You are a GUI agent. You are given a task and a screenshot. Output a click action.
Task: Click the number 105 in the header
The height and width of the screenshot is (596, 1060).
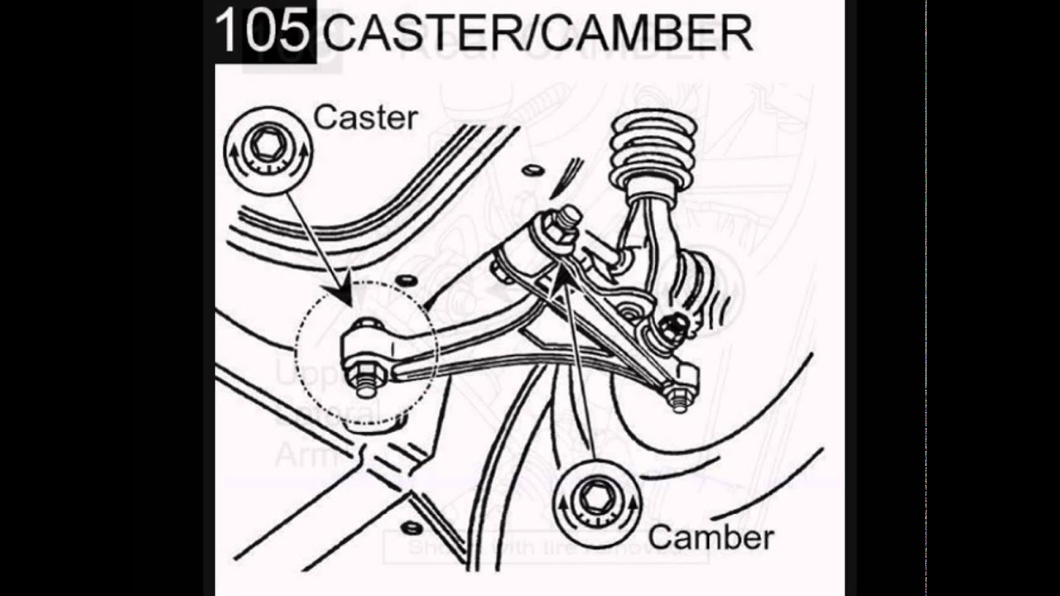click(x=261, y=31)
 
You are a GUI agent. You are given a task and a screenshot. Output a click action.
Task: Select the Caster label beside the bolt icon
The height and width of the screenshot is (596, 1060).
click(x=365, y=118)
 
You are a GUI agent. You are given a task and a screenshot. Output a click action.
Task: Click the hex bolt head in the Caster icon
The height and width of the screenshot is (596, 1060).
click(x=267, y=147)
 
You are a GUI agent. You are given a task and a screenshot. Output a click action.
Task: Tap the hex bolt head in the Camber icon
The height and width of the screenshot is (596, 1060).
click(x=595, y=497)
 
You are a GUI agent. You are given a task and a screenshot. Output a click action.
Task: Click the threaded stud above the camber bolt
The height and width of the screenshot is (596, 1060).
click(x=571, y=218)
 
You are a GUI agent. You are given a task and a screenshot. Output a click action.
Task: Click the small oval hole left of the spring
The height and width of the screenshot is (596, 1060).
click(x=532, y=171)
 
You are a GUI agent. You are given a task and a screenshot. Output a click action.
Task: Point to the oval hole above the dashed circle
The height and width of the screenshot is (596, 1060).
click(x=406, y=281)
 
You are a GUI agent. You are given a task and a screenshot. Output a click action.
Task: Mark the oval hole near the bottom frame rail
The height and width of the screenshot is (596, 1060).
click(x=407, y=526)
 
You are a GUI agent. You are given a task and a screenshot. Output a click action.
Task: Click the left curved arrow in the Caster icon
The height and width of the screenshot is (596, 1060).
click(x=237, y=156)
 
